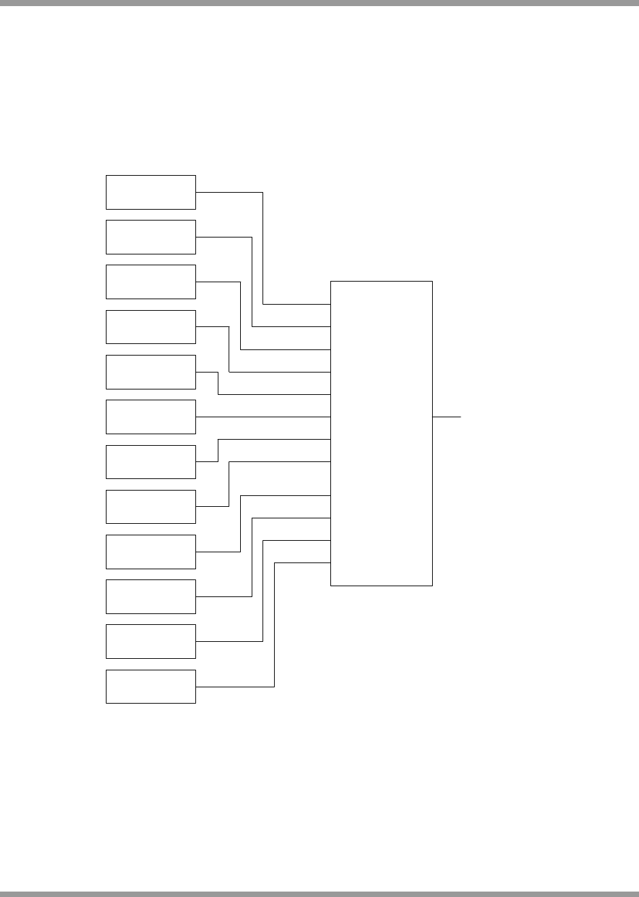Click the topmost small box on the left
151,192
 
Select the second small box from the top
151,237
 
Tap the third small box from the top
151,282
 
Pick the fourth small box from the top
151,327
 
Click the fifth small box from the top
151,372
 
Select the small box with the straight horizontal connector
151,417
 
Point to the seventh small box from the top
151,461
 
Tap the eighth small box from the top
151,506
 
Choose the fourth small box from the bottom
151,552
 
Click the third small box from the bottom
151,596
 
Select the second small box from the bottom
151,641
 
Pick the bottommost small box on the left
151,686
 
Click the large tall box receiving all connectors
381,433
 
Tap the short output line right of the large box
446,417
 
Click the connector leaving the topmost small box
263,244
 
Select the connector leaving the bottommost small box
274,624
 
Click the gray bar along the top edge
319,3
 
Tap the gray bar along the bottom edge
319,894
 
